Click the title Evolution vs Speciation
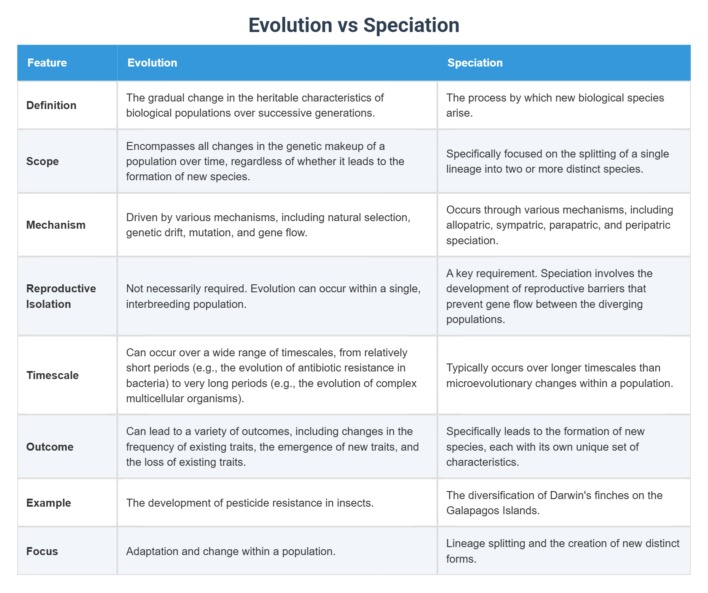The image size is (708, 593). coord(354,25)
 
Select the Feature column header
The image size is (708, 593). coord(47,63)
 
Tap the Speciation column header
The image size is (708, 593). coord(475,63)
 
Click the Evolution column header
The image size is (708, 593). coord(152,63)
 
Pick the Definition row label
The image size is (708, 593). coord(51,105)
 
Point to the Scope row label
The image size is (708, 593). coord(43,161)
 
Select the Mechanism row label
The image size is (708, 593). coord(56,225)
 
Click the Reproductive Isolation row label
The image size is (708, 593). coord(61,296)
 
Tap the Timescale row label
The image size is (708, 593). coord(52,375)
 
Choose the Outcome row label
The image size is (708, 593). coord(50,447)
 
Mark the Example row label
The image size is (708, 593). coord(48,503)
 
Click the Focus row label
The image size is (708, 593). coord(42,551)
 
